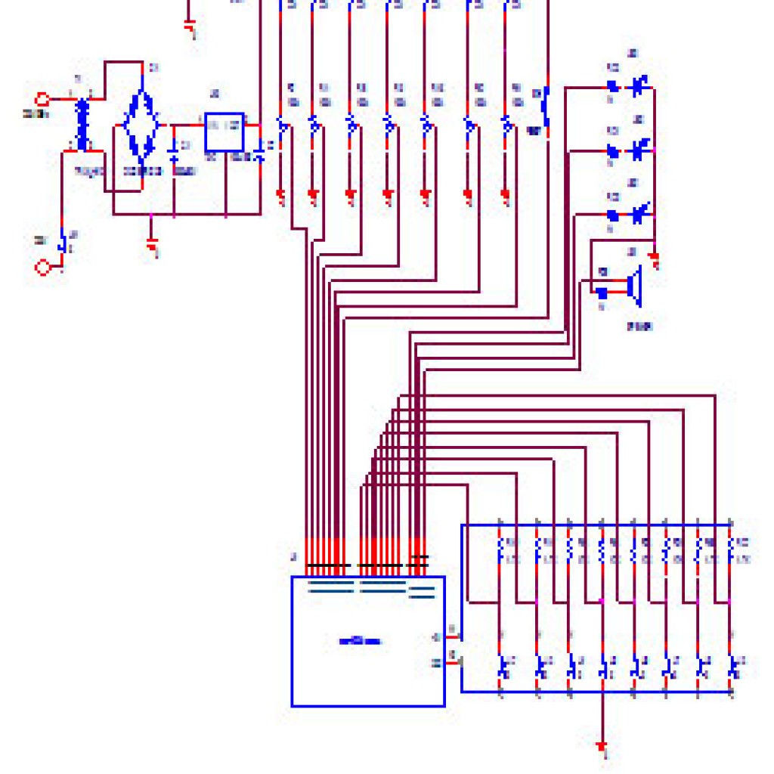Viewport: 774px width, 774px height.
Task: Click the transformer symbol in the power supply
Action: pos(82,125)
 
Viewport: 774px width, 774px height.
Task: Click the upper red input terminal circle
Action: pos(43,99)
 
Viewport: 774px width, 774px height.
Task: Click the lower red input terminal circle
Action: pos(43,266)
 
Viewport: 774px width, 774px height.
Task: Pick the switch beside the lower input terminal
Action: pos(64,242)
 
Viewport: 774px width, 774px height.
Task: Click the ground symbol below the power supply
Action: pos(153,246)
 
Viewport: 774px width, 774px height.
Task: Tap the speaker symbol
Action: pos(633,287)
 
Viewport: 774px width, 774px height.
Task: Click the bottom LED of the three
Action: pos(640,214)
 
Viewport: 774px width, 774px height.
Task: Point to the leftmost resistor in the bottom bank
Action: pos(500,550)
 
